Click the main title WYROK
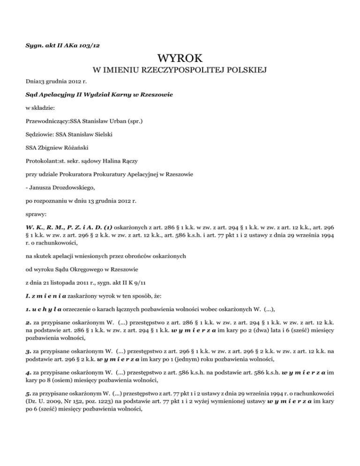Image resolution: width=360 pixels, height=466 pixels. click(180, 59)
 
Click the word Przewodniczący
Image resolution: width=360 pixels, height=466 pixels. click(47, 108)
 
